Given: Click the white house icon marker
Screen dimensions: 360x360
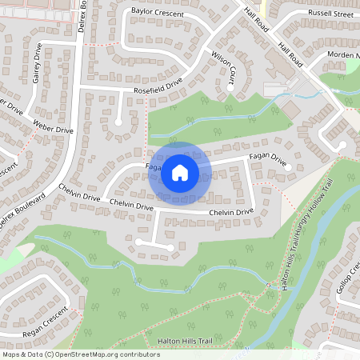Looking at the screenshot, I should click(x=180, y=172).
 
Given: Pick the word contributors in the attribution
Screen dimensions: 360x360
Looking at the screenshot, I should click(x=139, y=354).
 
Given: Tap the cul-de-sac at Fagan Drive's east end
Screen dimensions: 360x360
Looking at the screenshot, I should click(x=289, y=169).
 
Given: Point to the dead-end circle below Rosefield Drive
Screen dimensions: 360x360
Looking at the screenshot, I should click(x=119, y=122).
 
